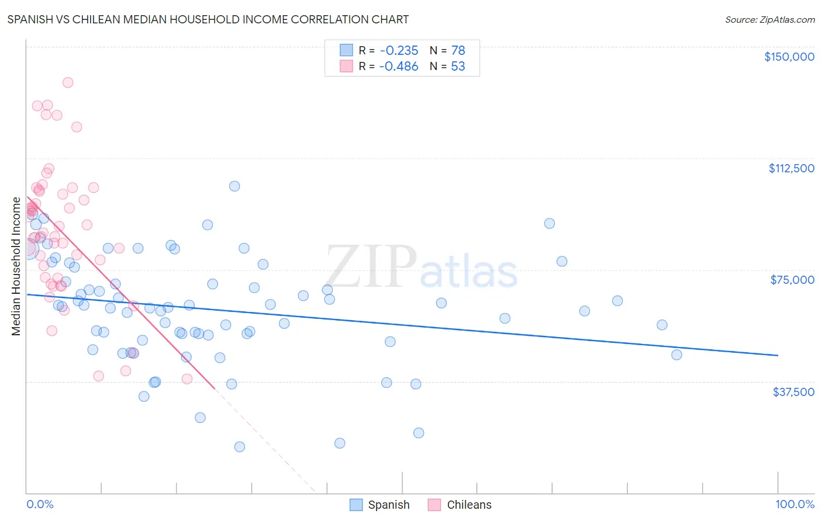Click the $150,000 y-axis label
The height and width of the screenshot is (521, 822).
coord(789,57)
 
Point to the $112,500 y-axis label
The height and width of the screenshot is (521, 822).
coord(791,168)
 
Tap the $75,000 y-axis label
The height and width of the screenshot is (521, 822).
coord(792,280)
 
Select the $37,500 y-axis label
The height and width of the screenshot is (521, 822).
coord(793,392)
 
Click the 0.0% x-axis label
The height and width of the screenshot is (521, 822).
coord(40,505)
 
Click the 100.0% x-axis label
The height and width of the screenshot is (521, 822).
coord(795,505)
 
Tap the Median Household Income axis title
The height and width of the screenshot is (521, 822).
coord(16,266)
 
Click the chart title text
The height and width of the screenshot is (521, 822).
coord(208,19)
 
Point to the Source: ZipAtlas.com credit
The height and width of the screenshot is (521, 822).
coord(769,20)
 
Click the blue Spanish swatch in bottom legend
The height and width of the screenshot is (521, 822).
coord(357,505)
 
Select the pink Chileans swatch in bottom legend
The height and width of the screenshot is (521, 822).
coord(434,505)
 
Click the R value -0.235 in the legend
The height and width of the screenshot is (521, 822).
coord(399,51)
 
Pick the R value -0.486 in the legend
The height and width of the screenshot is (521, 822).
coord(399,67)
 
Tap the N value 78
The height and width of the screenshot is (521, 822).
coord(458,51)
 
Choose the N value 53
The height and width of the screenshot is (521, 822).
coord(458,67)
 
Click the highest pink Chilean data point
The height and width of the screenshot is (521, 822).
coord(68,82)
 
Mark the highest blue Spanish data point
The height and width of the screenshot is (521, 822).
coord(234,186)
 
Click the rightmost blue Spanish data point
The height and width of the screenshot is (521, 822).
coord(676,355)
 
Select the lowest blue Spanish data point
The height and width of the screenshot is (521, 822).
coord(240,447)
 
